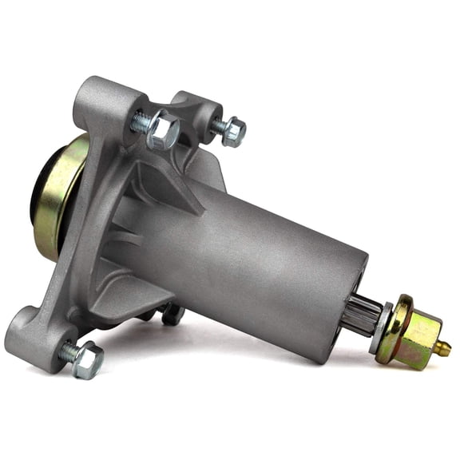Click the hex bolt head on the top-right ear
233,132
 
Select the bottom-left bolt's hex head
87,361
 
